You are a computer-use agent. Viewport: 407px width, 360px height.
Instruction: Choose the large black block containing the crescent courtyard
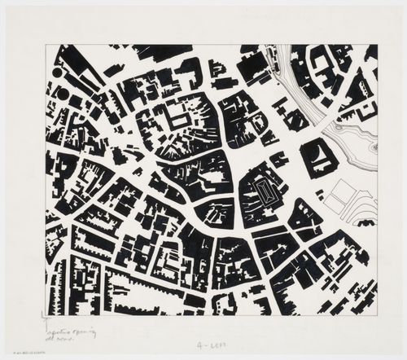pyautogui.click(x=317, y=155)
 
